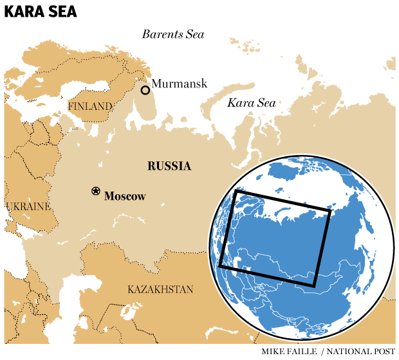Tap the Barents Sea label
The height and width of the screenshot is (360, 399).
pos(173,34)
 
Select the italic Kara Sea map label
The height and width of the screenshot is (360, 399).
pos(251,103)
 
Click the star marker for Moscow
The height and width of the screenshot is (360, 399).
pos(96,191)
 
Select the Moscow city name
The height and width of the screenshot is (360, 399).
pos(125,196)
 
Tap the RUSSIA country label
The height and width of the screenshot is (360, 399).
pos(169,166)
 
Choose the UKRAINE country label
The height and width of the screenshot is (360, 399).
pos(28,206)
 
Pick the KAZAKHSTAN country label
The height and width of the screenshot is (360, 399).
pos(160,289)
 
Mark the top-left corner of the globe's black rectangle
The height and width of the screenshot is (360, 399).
pos(236,191)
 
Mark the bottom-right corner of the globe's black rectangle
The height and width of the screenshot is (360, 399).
pos(315,285)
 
